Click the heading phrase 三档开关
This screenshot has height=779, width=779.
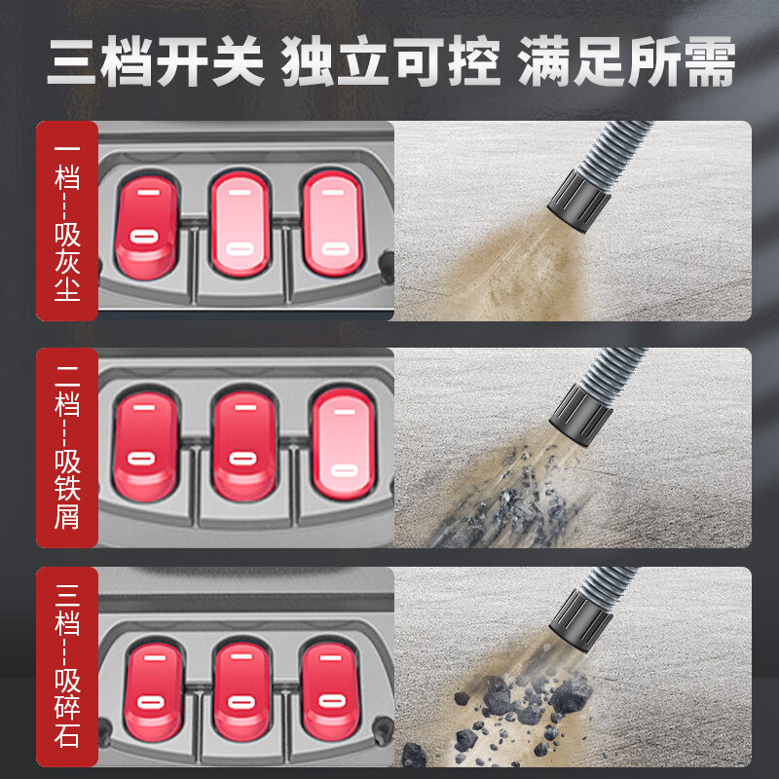point(156,61)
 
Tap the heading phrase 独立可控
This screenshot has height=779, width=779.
point(390,61)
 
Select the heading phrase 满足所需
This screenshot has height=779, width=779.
point(626,61)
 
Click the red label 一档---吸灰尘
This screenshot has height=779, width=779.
point(67,221)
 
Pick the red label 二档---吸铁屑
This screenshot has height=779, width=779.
point(67,448)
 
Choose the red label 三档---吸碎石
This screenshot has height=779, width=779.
point(67,666)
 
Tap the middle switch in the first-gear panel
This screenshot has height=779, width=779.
point(241,224)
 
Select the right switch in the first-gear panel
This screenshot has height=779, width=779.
point(333,223)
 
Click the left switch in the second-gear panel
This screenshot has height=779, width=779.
point(145,446)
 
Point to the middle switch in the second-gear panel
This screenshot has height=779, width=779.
point(244,445)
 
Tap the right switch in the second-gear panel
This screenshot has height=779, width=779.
point(344,444)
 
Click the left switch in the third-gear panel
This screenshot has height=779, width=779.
point(154,691)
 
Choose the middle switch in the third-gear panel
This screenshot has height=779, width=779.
point(241,689)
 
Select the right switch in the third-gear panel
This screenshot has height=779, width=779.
point(330,689)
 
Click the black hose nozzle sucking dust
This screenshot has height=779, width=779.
point(578,201)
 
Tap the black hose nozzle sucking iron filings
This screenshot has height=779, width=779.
point(581,415)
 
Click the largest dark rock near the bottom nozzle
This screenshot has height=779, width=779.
point(571,695)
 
